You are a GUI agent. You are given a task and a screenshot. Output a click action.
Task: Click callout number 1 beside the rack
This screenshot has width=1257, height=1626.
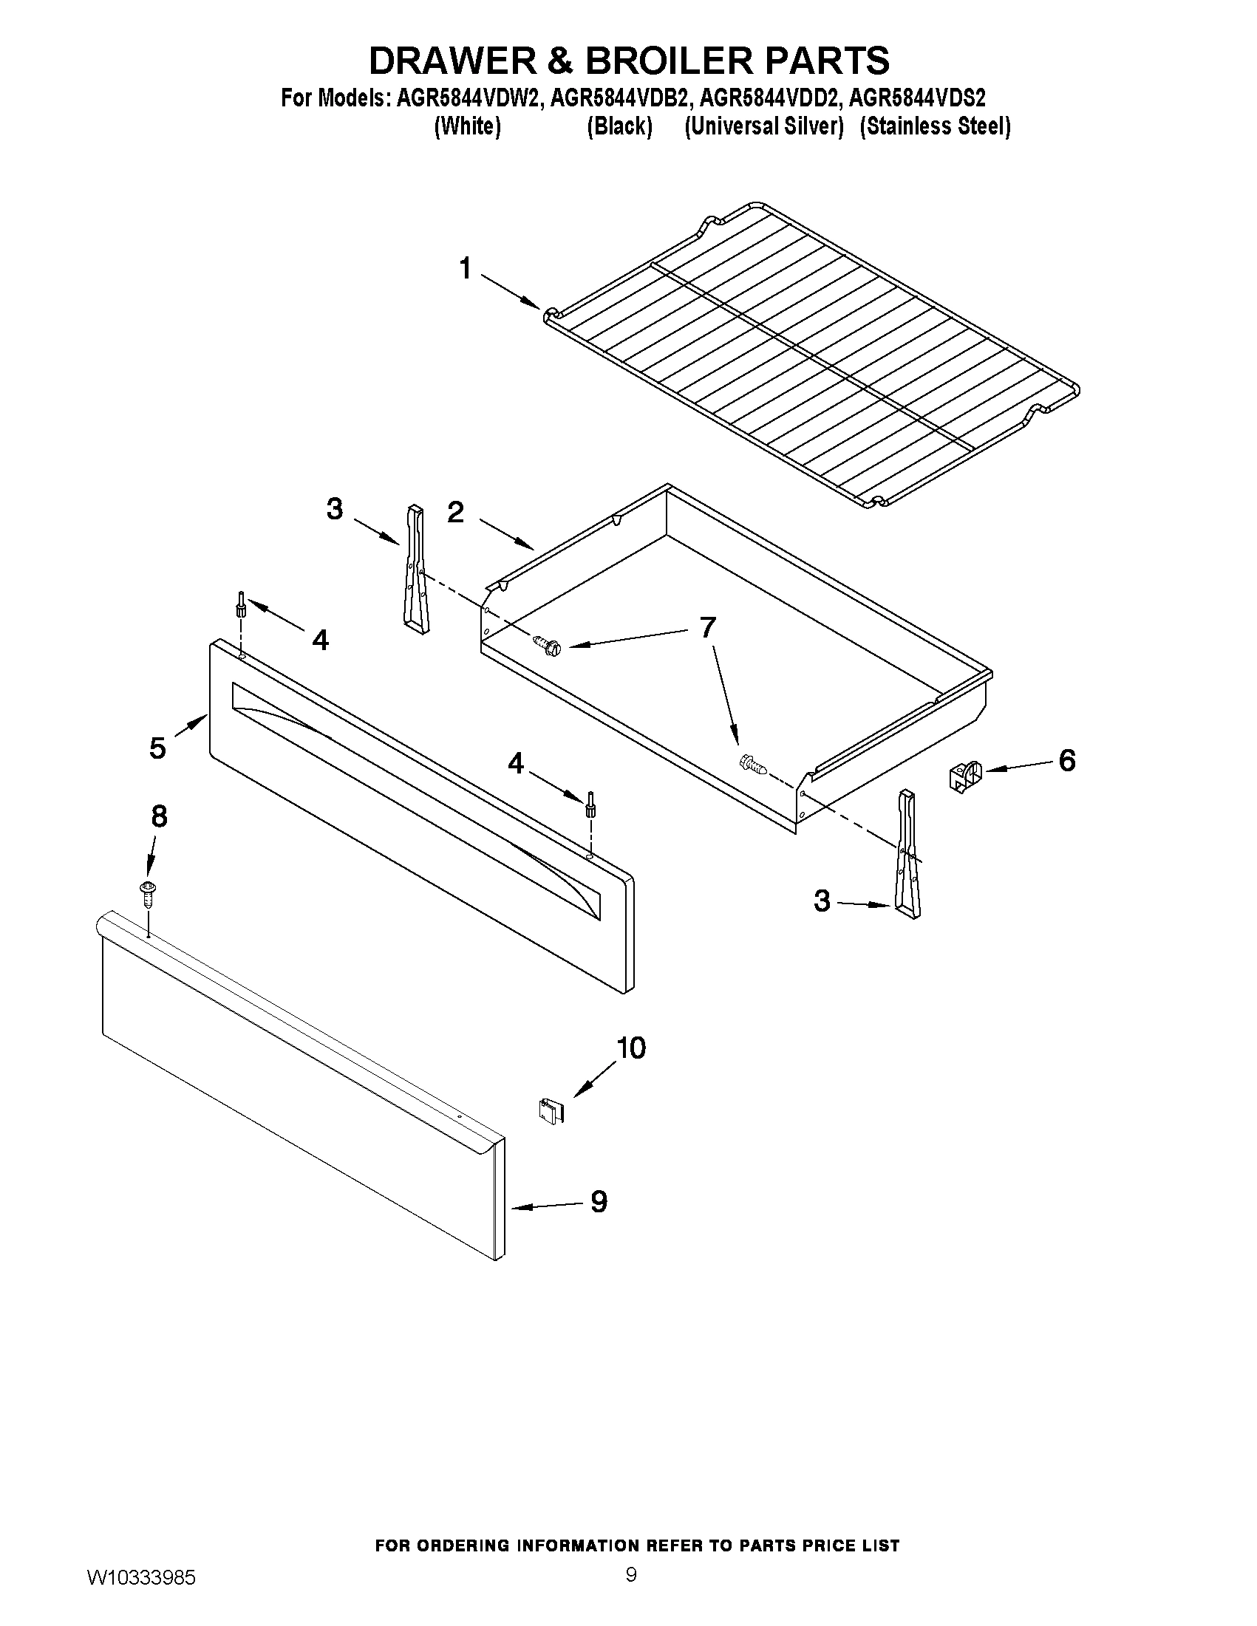466,269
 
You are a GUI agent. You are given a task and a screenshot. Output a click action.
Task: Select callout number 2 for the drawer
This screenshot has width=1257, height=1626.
456,512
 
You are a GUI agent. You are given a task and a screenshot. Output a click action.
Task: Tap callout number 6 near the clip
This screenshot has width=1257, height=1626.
1066,760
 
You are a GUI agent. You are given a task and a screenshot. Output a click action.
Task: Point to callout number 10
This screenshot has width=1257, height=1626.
631,1048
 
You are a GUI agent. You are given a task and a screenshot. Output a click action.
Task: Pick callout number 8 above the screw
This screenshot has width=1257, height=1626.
160,818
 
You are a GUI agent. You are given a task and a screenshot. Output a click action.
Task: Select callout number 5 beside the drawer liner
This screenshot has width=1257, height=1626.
157,748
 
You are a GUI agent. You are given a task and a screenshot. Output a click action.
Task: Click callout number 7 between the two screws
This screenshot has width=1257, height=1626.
706,627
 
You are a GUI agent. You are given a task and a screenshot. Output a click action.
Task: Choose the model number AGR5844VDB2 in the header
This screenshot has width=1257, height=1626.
619,98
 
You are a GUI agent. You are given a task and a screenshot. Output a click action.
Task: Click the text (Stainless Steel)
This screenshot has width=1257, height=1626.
935,126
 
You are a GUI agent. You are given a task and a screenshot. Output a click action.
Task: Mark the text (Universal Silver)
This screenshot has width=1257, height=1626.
763,126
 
